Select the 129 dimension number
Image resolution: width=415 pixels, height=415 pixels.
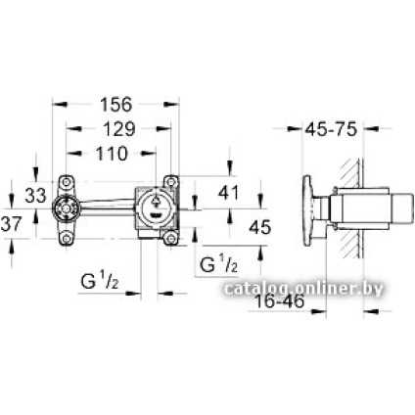[120, 129]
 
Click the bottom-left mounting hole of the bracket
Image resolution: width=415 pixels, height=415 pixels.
[68, 238]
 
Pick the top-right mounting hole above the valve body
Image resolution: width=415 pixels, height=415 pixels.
[171, 180]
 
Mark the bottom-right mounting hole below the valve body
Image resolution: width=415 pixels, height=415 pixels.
[171, 238]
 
